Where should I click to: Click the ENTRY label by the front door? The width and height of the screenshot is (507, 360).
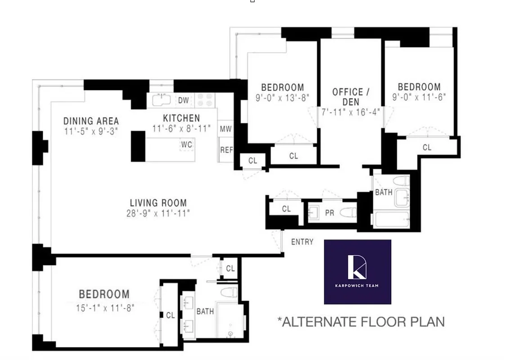(302, 242)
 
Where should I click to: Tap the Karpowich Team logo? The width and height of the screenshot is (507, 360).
(357, 271)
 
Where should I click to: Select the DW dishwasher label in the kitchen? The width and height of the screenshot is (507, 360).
(183, 100)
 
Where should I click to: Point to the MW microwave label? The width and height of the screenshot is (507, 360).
(225, 129)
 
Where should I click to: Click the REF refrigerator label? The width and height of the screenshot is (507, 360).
(226, 150)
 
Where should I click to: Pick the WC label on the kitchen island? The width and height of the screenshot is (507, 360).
(187, 145)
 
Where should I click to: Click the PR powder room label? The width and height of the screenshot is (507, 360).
(329, 213)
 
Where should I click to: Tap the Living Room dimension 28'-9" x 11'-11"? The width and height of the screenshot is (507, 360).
(158, 213)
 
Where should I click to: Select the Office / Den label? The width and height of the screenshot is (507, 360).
(351, 97)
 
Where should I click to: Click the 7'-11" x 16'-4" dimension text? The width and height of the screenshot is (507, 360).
(351, 112)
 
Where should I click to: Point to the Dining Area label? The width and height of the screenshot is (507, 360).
(91, 121)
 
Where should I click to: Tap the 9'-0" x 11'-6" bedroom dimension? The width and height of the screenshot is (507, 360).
(419, 97)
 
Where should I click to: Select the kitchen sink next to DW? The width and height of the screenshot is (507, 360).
(161, 100)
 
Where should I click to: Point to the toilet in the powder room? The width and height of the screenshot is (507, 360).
(348, 212)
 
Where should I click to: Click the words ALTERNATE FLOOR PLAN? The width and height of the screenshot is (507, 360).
(362, 322)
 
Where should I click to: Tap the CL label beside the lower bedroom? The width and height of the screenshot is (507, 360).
(170, 315)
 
